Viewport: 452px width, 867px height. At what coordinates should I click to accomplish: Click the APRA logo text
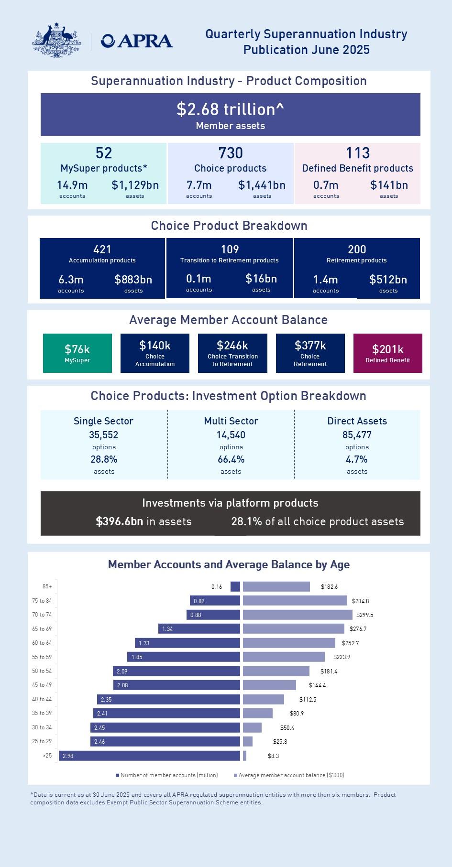click(x=137, y=42)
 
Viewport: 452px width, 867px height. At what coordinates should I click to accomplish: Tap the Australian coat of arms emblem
click(x=56, y=41)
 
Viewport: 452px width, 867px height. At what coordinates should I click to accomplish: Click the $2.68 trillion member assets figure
click(x=230, y=109)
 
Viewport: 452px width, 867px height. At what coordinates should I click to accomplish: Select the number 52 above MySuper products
click(x=104, y=153)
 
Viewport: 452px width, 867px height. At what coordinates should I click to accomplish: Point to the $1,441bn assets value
click(x=262, y=185)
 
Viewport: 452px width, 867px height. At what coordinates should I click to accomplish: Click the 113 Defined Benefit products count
click(x=357, y=153)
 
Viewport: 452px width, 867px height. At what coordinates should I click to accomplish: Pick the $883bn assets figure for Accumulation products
click(x=133, y=280)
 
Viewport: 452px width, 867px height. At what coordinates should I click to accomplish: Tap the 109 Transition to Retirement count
click(x=230, y=249)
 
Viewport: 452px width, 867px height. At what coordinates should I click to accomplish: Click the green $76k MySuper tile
click(x=77, y=353)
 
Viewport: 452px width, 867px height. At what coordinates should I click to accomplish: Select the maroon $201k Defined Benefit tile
click(x=387, y=353)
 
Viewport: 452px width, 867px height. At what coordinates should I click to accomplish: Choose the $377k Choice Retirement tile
click(x=310, y=353)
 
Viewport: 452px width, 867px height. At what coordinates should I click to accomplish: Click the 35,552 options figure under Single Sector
click(x=103, y=435)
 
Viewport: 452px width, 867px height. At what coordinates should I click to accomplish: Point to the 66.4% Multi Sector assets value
click(x=231, y=459)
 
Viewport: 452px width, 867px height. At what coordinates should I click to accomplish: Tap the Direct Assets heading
click(x=357, y=421)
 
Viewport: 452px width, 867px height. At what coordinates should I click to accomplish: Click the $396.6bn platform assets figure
click(x=120, y=521)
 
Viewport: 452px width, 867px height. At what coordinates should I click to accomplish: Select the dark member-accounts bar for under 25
click(x=149, y=756)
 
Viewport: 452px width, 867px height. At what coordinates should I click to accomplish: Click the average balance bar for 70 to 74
click(x=298, y=615)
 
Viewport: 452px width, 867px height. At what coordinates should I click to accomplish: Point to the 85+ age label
click(x=47, y=586)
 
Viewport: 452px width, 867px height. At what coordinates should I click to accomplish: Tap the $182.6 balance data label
click(x=329, y=586)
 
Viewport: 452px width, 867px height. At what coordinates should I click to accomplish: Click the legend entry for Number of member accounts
click(x=167, y=775)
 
